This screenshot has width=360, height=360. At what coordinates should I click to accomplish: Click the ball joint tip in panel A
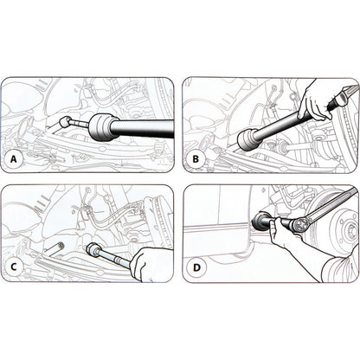(x=67, y=124)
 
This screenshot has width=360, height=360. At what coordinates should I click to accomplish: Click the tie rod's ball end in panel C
(x=93, y=251)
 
